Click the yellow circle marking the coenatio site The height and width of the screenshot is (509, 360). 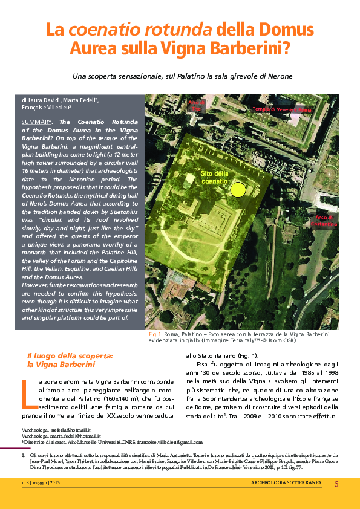(239, 190)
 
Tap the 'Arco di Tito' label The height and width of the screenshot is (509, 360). (198, 106)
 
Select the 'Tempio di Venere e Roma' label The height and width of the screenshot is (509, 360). (282, 109)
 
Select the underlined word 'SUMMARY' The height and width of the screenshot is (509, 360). (36, 122)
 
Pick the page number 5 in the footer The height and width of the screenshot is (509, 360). (336, 483)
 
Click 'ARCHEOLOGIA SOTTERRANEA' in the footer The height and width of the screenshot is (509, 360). (286, 483)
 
